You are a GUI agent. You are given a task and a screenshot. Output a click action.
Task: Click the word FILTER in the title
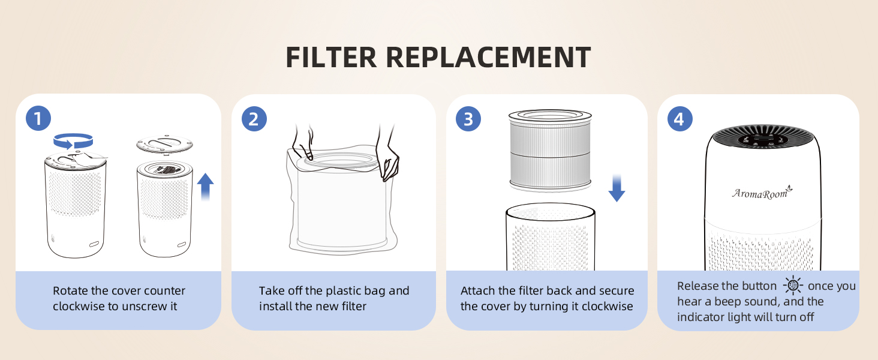[331, 58]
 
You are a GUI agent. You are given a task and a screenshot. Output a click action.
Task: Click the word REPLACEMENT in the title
[488, 58]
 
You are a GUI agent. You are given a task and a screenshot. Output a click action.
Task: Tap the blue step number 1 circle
[38, 119]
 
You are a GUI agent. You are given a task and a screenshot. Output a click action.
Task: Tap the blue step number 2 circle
[254, 119]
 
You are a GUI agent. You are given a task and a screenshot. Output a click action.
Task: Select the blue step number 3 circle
[468, 119]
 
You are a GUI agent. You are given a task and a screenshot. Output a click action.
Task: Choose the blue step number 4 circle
[679, 119]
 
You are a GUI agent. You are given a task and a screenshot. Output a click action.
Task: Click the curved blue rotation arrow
[73, 141]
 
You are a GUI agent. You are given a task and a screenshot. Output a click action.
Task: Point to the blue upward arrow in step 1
[206, 186]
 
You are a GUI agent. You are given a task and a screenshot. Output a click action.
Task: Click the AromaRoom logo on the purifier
[762, 193]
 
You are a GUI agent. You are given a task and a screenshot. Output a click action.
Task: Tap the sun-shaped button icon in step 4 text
[793, 286]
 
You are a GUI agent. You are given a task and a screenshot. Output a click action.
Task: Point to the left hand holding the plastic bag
[302, 144]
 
